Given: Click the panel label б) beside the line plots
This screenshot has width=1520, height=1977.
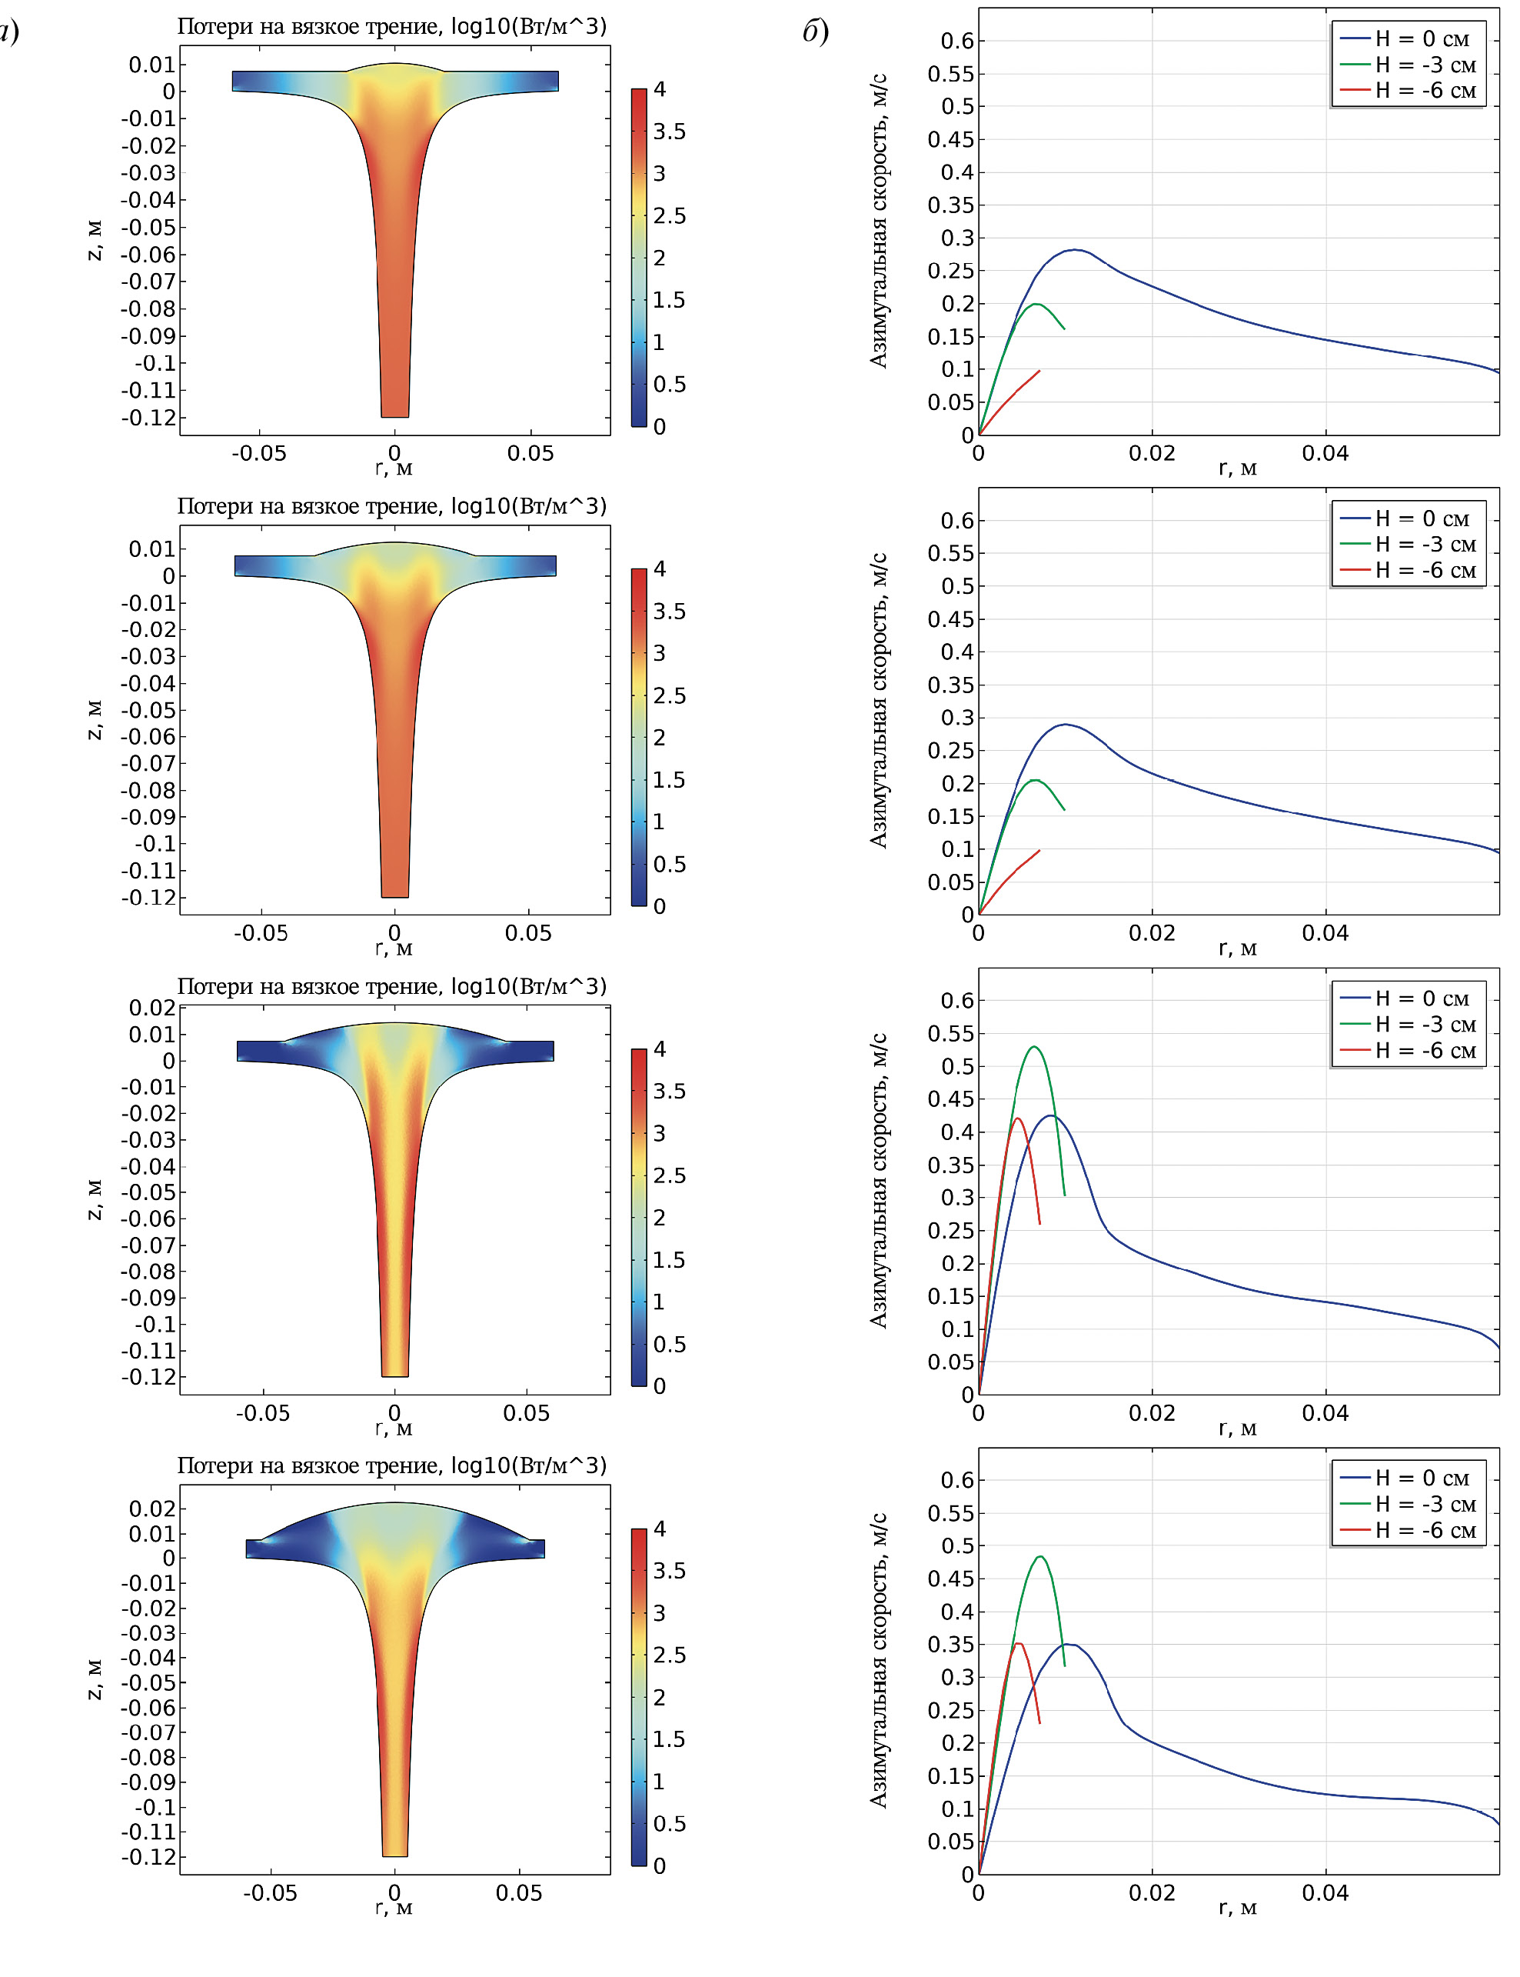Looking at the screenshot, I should (x=815, y=32).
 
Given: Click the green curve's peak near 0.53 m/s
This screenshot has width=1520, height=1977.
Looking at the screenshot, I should (x=1033, y=1046).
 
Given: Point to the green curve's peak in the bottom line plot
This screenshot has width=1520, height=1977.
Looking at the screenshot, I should (x=1041, y=1556).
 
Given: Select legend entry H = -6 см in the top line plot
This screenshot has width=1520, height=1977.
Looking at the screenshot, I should (x=1425, y=91).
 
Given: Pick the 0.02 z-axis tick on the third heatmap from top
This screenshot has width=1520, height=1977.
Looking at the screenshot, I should (x=152, y=1008).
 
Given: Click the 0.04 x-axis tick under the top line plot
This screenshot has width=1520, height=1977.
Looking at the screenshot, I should (x=1325, y=454).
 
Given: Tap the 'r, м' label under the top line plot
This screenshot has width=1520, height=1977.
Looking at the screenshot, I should (x=1238, y=468).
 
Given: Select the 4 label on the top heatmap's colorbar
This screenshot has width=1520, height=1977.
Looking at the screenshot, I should (x=660, y=88).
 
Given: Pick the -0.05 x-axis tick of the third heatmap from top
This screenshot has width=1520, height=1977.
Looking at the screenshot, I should (x=262, y=1413).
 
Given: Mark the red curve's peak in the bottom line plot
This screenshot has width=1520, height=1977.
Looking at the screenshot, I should (x=1019, y=1643).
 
